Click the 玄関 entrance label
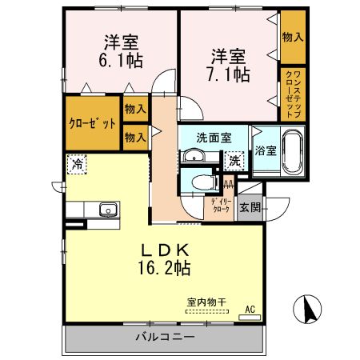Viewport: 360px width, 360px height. click(250, 207)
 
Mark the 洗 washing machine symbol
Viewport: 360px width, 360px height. click(234, 161)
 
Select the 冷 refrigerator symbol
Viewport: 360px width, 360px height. click(78, 164)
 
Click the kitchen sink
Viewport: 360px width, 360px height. click(107, 210)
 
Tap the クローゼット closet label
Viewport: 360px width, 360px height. click(92, 125)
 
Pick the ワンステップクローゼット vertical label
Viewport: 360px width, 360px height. click(292, 95)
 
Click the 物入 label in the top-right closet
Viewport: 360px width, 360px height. click(293, 38)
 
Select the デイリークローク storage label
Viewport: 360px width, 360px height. click(221, 206)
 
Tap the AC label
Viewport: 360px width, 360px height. click(249, 309)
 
